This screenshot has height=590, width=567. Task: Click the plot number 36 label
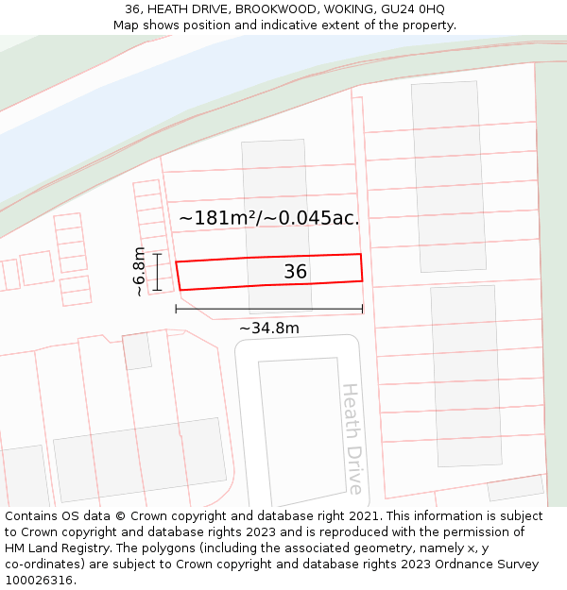tap(295, 272)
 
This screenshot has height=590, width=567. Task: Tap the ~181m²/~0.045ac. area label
tap(269, 218)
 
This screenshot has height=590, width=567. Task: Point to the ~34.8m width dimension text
tap(268, 329)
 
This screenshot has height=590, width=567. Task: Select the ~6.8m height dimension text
tap(139, 271)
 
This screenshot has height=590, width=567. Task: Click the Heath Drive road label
tap(352, 438)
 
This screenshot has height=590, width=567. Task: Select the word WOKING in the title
tap(344, 9)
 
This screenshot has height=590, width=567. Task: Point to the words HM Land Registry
tap(54, 548)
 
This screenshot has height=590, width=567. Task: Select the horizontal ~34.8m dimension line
tap(268, 309)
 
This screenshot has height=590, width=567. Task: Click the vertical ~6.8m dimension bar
tap(158, 271)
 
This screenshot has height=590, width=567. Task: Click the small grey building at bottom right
tap(516, 487)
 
